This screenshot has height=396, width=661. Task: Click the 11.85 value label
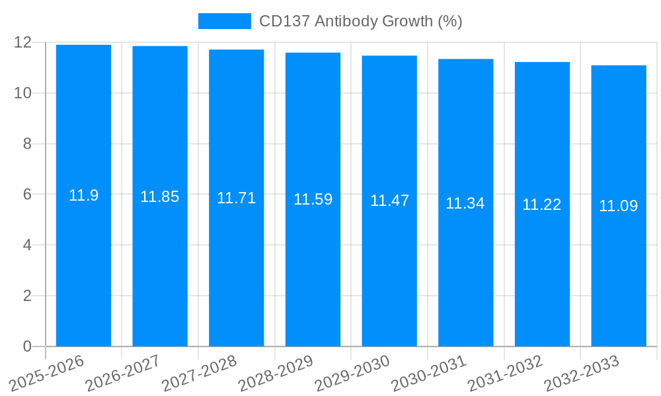[160, 197]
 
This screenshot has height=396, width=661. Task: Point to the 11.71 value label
[236, 198]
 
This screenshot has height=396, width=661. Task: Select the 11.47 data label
[389, 201]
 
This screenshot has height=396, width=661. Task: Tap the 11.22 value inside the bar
[542, 205]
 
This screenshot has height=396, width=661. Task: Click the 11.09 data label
[619, 206]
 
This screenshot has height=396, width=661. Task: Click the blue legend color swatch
[225, 21]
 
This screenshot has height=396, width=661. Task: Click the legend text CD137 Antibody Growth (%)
[360, 21]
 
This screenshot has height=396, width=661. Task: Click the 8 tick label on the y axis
[27, 144]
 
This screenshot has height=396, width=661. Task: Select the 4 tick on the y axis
[27, 245]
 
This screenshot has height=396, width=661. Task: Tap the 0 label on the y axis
[27, 346]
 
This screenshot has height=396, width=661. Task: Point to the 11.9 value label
[83, 195]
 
